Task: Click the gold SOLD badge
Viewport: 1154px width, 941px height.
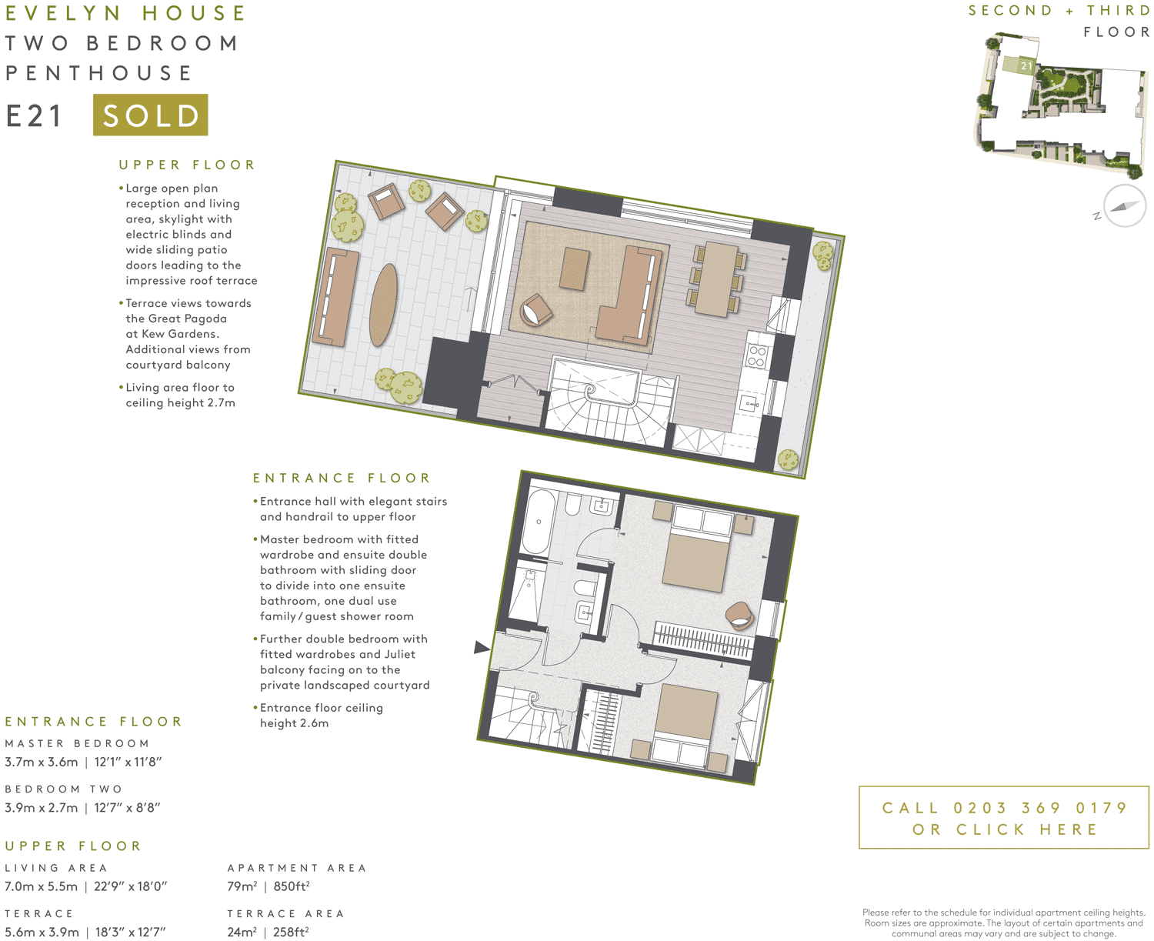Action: tap(150, 115)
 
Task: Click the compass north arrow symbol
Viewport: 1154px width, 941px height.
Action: tap(1124, 206)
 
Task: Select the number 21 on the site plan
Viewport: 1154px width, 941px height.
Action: tap(1026, 66)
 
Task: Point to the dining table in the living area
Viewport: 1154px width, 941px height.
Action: tap(716, 279)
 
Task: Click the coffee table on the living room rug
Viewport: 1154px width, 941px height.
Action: tap(575, 269)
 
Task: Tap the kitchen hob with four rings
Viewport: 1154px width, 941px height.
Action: tap(757, 356)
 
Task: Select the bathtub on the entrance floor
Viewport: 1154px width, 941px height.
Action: tap(539, 521)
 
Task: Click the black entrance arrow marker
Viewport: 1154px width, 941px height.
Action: tap(482, 648)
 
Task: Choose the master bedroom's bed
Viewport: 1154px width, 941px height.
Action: tap(697, 554)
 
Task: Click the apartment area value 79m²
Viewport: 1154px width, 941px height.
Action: tap(242, 886)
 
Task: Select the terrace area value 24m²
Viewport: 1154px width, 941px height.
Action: tap(242, 933)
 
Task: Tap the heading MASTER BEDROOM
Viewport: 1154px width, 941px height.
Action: tap(77, 743)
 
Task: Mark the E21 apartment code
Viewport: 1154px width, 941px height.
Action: tap(35, 116)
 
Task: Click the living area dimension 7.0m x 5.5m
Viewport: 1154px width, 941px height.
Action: tap(42, 886)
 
